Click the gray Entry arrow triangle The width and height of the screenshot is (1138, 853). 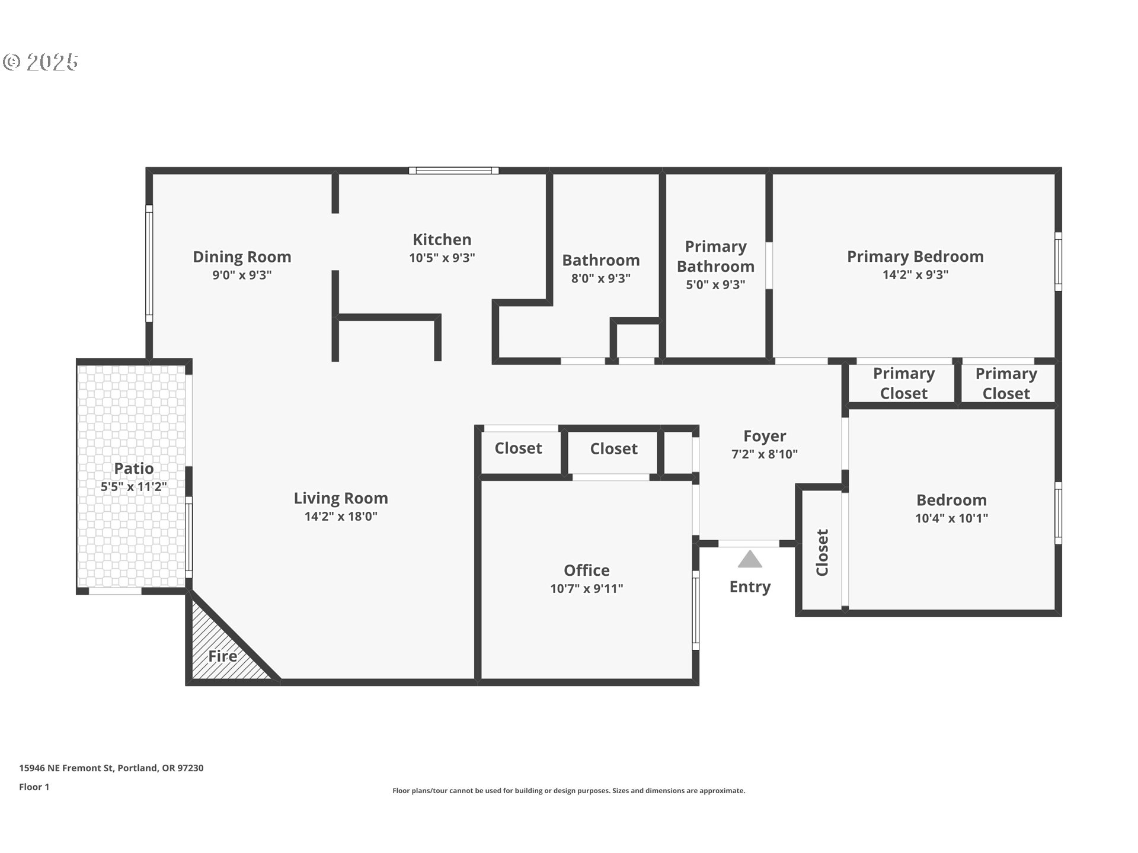coord(750,560)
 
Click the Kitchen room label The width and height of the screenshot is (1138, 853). coord(442,240)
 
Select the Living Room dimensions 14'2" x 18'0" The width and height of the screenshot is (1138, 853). coord(341,517)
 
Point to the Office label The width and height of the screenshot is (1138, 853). coord(586,570)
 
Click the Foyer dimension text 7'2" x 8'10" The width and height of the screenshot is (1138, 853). coord(764,454)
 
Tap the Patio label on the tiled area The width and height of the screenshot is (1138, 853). coord(134,469)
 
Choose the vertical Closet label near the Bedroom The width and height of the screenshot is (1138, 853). coord(822,553)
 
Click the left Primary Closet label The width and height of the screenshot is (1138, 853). coord(903,383)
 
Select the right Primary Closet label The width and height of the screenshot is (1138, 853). coord(1006,383)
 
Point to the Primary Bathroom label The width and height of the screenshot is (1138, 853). coord(715,256)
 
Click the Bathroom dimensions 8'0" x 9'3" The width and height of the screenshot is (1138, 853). coord(600,278)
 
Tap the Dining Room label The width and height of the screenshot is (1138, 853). coord(242,257)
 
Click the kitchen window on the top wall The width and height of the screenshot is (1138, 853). coord(453,171)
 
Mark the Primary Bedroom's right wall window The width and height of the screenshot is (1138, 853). coord(1058,261)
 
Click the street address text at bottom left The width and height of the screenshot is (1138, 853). coord(111,768)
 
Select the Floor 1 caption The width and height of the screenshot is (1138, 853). coord(34,787)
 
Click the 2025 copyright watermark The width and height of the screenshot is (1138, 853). coord(41,62)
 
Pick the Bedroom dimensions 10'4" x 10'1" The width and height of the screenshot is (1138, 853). coord(951,518)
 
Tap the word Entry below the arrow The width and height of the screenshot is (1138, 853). coord(750,587)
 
